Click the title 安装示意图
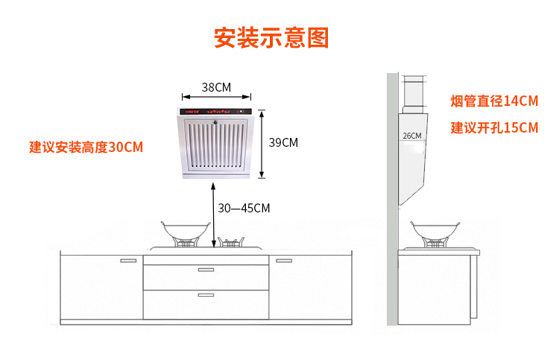271,37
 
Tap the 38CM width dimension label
216,87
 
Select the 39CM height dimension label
282,142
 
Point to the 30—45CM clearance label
244,208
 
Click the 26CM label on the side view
411,136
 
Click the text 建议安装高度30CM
86,147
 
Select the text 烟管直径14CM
493,101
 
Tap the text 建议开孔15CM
493,127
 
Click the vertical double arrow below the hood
215,217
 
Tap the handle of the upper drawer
206,269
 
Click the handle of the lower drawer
206,295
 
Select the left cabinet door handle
128,261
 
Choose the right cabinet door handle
284,261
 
